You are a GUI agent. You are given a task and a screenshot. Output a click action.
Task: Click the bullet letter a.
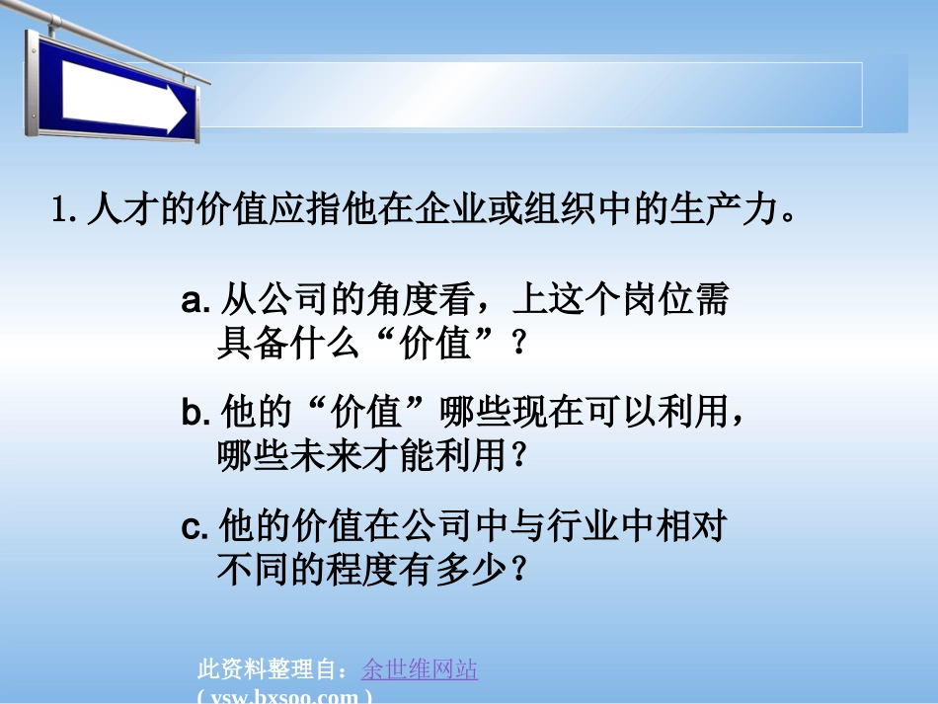(195, 300)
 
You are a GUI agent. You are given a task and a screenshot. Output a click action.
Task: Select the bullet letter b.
(195, 413)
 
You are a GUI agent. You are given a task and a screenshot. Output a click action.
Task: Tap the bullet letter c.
(195, 527)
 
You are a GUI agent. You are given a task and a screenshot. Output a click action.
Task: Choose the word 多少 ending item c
(473, 570)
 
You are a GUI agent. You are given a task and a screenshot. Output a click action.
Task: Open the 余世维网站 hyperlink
(420, 669)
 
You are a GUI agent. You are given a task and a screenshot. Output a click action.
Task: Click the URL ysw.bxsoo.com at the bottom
(284, 697)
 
